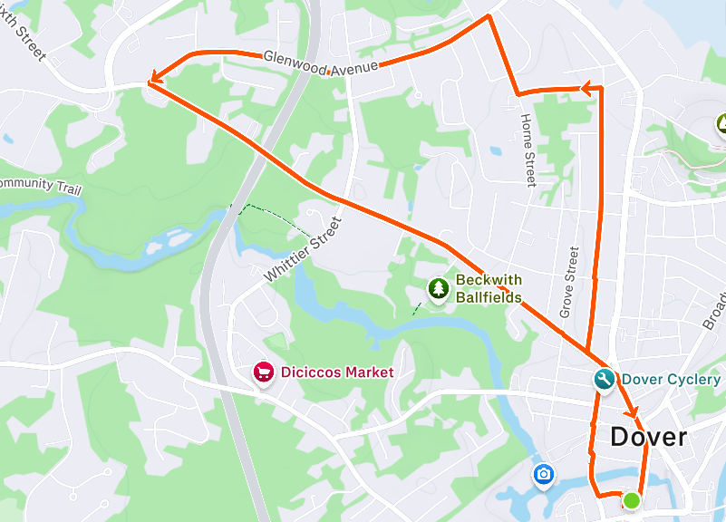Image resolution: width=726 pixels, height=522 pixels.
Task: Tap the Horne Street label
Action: tap(528, 150)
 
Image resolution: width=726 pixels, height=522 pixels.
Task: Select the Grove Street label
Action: tap(568, 283)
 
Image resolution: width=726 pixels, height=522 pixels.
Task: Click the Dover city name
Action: tap(648, 437)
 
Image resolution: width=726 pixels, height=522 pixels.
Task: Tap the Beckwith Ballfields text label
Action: tap(489, 288)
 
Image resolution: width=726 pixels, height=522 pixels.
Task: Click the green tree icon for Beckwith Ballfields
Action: tap(439, 289)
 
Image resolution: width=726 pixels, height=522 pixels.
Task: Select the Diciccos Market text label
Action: tap(336, 372)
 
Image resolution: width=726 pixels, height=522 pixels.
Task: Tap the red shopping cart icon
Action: tap(264, 372)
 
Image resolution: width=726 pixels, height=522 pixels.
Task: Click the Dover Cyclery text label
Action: tap(672, 379)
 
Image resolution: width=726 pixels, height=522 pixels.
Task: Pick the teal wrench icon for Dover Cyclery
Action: tap(605, 380)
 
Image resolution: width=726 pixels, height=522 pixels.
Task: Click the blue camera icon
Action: tap(544, 474)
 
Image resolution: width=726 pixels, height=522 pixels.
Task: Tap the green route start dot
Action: tap(632, 500)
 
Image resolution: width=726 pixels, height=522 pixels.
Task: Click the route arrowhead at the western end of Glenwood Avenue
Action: tap(153, 80)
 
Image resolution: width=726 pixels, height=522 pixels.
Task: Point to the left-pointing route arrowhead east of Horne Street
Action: tap(589, 89)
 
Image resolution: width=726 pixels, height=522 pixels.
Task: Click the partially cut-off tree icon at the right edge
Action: tap(721, 123)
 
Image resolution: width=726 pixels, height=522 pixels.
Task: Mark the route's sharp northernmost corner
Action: tap(489, 15)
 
